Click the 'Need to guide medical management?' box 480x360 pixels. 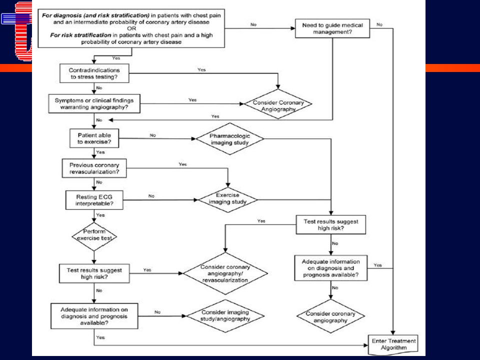click(x=332, y=28)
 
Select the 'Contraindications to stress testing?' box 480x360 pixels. click(x=94, y=73)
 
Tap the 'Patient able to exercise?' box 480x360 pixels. click(x=94, y=138)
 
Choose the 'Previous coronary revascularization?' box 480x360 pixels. click(x=94, y=168)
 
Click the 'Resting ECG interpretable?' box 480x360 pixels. click(x=94, y=200)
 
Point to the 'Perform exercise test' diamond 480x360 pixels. click(x=94, y=236)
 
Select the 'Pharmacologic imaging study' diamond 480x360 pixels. click(x=229, y=139)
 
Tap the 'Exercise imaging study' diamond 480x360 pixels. click(x=228, y=200)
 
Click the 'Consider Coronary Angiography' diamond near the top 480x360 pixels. click(x=278, y=104)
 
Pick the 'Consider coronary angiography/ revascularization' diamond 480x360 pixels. click(x=225, y=273)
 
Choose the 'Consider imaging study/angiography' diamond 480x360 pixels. click(x=225, y=316)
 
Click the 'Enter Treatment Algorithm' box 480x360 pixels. click(x=393, y=344)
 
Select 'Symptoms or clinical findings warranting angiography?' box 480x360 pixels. click(x=94, y=104)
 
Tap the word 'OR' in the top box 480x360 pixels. click(x=131, y=28)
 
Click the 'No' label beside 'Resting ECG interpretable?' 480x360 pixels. click(x=151, y=196)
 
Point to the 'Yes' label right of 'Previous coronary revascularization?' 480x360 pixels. click(x=183, y=164)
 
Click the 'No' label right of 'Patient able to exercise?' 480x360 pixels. click(x=153, y=135)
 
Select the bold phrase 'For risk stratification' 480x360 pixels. click(x=81, y=35)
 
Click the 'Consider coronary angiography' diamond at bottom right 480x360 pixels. click(x=330, y=316)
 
